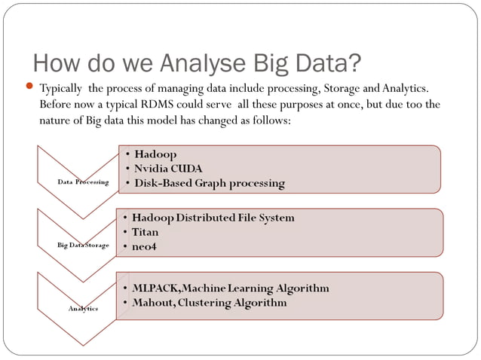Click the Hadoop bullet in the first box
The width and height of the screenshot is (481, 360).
click(x=155, y=154)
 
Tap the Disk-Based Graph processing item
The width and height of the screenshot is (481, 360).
click(x=209, y=182)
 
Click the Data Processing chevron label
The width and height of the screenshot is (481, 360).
click(x=83, y=182)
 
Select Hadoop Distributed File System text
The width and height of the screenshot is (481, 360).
click(x=213, y=218)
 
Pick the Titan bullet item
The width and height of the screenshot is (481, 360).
click(x=145, y=232)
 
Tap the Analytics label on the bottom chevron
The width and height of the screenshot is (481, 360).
click(x=83, y=308)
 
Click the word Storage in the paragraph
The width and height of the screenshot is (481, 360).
click(x=342, y=88)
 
